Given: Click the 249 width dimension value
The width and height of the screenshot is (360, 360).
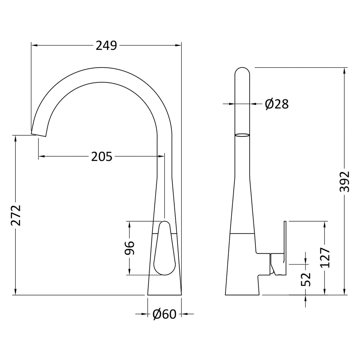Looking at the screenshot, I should [106, 45].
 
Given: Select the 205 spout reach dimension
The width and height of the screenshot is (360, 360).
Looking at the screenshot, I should [101, 156].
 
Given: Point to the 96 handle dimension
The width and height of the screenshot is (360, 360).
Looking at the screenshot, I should [130, 248].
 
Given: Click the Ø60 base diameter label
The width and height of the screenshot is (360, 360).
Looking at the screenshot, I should [165, 314].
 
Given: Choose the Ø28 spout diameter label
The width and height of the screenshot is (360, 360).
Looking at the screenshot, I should [276, 104].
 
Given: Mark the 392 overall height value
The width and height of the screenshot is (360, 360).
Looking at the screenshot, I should [345, 181].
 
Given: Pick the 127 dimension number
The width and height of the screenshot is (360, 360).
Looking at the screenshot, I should [325, 257].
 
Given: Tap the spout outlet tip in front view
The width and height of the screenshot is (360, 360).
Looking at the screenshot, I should [39, 133].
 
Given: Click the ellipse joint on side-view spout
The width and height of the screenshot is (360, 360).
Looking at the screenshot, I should [242, 135].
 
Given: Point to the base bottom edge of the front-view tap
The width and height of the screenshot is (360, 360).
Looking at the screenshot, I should [164, 295].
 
